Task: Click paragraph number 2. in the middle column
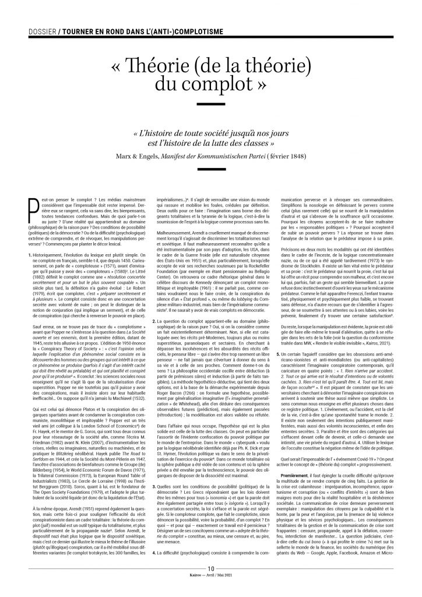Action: point(153,304)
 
